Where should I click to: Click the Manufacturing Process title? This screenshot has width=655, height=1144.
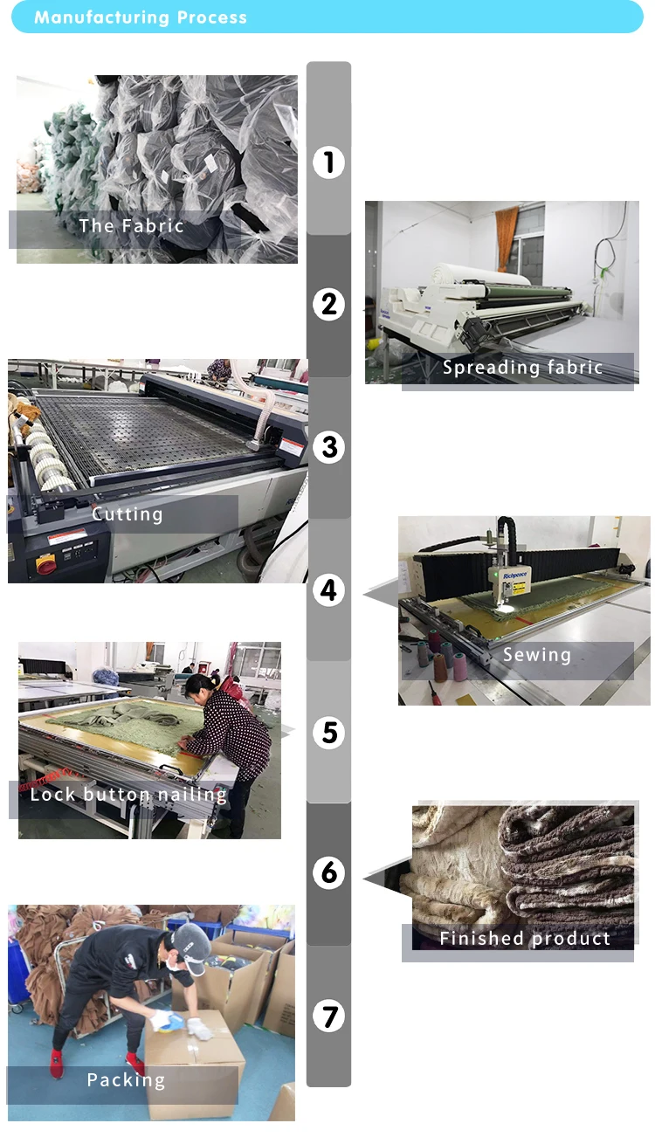[x=141, y=17]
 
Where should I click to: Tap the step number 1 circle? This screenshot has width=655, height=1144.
[x=328, y=162]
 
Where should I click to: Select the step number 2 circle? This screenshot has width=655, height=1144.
[x=328, y=305]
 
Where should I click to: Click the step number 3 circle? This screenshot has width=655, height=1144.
[x=328, y=447]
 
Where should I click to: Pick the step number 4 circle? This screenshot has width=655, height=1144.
[x=328, y=590]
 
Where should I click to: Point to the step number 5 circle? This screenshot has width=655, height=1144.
[x=328, y=733]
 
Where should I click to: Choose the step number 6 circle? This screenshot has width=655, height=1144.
[x=328, y=872]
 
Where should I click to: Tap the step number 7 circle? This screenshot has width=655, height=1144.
[x=328, y=1016]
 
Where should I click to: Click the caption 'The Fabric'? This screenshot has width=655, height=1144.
[x=131, y=225]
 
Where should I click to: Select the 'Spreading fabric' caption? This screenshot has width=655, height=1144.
[x=522, y=367]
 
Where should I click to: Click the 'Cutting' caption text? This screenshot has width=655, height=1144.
[x=128, y=513]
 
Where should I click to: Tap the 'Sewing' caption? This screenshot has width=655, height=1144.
[x=536, y=655]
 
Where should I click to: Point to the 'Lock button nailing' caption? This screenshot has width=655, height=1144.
[x=128, y=794]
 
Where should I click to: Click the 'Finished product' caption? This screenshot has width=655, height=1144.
[x=525, y=938]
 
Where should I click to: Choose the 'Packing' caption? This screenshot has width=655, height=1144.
[x=126, y=1079]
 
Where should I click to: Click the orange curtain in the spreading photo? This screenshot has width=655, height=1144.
[x=507, y=238]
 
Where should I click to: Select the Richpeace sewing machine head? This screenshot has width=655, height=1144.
[x=512, y=583]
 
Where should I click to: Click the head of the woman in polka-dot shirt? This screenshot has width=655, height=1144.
[x=198, y=688]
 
